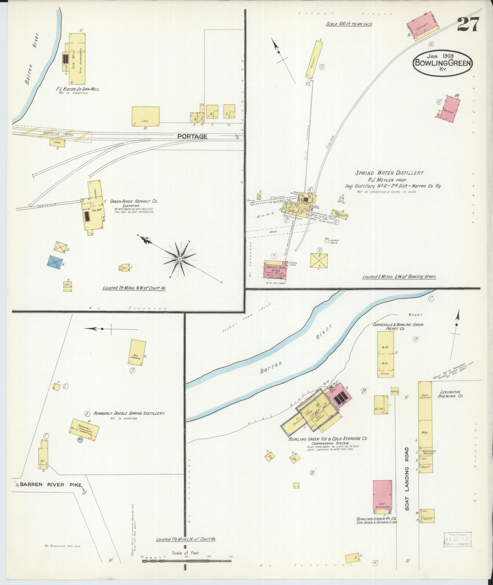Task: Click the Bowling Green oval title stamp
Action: coord(443,63)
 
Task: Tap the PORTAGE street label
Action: coord(192,137)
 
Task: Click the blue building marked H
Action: coord(55,261)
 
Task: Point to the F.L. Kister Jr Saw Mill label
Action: coord(78,89)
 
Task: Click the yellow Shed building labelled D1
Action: coord(146,116)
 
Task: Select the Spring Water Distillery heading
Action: coord(389,173)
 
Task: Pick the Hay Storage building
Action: coord(138,353)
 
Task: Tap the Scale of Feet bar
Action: coord(187,560)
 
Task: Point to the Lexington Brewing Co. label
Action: coord(451,394)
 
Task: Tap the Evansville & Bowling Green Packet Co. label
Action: coord(398,327)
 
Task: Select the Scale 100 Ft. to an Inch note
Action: coord(348,24)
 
